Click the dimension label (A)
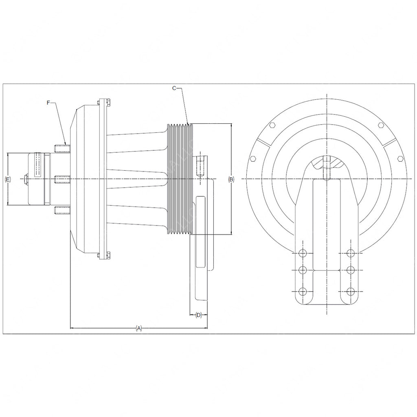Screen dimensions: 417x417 pyautogui.click(x=138, y=328)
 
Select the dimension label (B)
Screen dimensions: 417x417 pyautogui.click(x=231, y=179)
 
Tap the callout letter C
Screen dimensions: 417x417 pyautogui.click(x=174, y=88)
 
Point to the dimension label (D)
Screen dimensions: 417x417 pyautogui.click(x=199, y=315)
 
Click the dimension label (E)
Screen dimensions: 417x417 pyautogui.click(x=8, y=180)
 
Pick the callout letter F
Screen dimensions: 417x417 pyautogui.click(x=48, y=103)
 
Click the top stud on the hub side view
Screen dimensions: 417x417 pyautogui.click(x=62, y=148)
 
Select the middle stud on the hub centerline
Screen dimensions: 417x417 pyautogui.click(x=62, y=180)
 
